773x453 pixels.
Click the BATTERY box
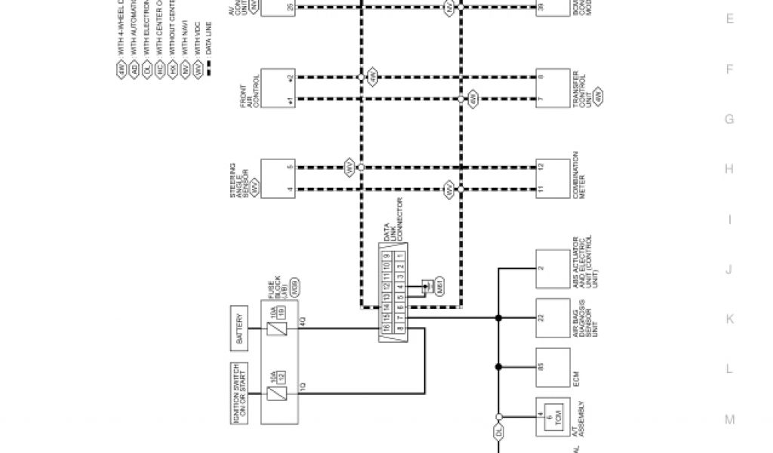(239, 329)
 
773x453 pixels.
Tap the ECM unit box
(552, 368)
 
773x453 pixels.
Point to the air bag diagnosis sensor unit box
(552, 319)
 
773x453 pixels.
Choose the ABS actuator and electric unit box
(552, 269)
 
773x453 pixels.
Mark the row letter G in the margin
(729, 119)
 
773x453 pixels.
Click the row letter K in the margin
(729, 319)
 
